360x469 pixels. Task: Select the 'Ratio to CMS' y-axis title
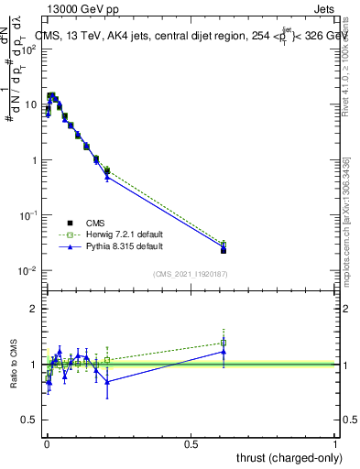pos(12,364)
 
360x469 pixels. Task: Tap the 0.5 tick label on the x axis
pos(191,443)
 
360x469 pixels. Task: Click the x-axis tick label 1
pos(335,443)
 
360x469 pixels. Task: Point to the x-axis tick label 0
pos(46,443)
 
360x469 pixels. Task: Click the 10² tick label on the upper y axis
pos(29,49)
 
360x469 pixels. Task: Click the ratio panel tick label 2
pos(34,309)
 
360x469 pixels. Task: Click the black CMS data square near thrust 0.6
pos(224,250)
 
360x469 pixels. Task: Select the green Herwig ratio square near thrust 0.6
pos(224,343)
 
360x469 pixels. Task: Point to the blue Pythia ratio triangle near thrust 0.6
pos(224,352)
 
